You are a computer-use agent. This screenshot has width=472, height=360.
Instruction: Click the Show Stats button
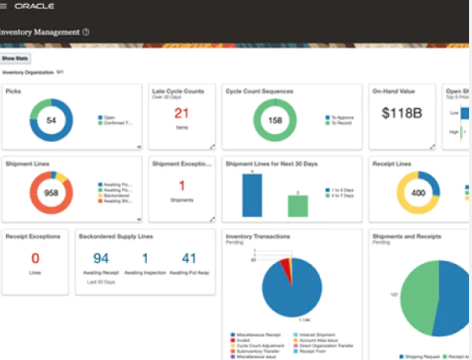click(16, 59)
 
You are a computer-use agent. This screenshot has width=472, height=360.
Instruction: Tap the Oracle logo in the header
click(34, 7)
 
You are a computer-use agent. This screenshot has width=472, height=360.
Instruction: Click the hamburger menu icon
click(4, 7)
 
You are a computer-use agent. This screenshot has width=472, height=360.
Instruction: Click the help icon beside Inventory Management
click(85, 33)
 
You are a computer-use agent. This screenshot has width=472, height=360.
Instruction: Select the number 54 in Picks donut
click(51, 120)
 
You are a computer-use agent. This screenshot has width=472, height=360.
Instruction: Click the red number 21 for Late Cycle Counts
click(182, 113)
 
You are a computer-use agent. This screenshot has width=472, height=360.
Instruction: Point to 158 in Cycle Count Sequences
click(275, 120)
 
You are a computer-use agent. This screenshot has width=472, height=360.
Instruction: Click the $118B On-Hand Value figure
click(402, 113)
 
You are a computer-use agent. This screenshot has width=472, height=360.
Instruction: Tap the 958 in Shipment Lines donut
click(51, 193)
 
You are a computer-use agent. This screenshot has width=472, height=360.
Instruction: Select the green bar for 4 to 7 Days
click(298, 206)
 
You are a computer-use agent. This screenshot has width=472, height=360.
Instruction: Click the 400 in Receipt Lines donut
click(418, 193)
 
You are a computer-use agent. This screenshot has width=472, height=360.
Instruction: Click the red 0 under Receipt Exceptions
click(35, 258)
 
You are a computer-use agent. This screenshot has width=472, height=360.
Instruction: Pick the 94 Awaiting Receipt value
click(101, 258)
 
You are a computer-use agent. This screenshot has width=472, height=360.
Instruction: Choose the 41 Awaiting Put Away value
click(189, 258)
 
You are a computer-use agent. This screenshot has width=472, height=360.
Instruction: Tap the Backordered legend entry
click(115, 195)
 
